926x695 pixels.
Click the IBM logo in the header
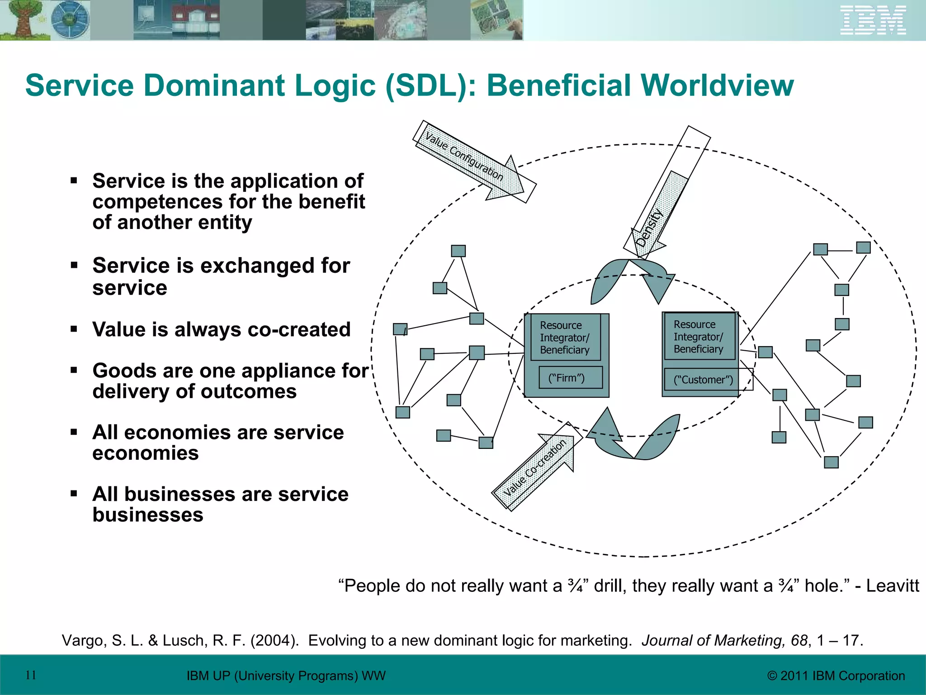(873, 20)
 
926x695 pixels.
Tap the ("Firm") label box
(570, 378)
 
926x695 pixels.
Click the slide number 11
(31, 675)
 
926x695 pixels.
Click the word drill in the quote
(610, 586)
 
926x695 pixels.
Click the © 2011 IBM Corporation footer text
(836, 676)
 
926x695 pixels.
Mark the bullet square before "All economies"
(74, 432)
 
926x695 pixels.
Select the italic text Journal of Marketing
(713, 641)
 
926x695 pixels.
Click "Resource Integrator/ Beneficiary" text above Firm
(564, 338)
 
